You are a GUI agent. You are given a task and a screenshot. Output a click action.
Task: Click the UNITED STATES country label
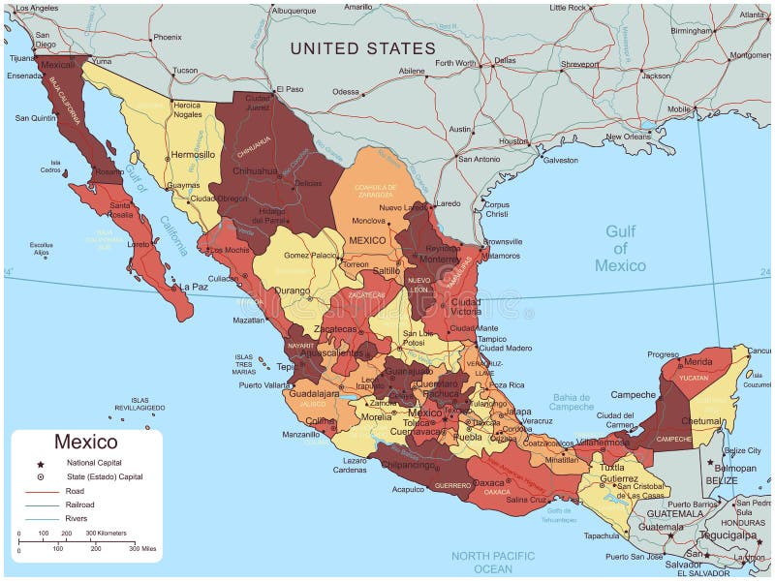362,48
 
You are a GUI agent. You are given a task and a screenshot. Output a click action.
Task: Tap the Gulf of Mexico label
620,248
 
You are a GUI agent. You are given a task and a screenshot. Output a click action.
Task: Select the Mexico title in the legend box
85,442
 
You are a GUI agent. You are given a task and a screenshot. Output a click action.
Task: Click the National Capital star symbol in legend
41,464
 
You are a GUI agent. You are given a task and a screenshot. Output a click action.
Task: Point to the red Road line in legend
41,491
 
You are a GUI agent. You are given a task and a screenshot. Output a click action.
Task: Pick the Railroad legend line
41,505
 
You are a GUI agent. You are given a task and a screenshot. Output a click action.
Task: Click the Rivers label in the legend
77,518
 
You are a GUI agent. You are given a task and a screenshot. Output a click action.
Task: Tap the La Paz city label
194,287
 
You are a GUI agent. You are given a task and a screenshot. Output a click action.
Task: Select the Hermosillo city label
193,154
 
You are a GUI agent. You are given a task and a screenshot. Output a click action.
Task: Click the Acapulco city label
408,490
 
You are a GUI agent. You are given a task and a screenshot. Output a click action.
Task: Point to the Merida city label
697,361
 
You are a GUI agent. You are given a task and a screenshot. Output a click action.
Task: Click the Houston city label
513,140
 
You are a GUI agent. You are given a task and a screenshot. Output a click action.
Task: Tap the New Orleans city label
627,137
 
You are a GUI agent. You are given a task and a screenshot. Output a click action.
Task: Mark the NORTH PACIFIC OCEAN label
493,562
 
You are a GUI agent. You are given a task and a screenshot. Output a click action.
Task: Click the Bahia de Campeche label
572,402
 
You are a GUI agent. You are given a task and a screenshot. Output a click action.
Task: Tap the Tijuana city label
21,58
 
